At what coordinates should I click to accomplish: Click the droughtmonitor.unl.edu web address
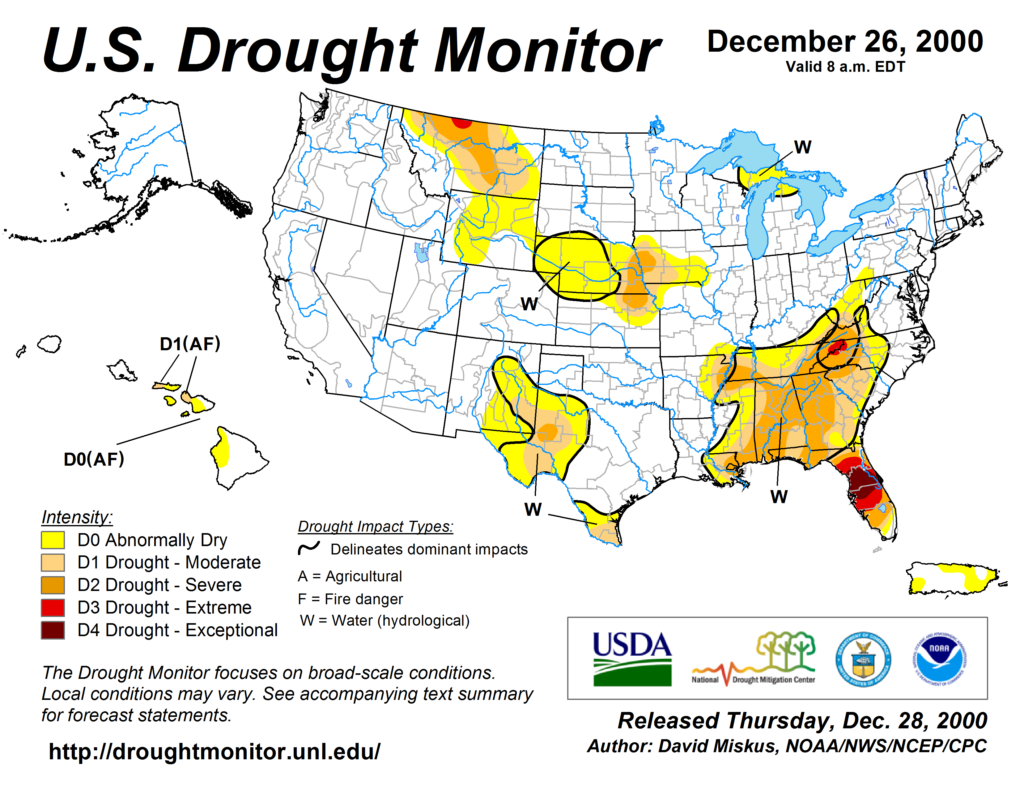pos(215,752)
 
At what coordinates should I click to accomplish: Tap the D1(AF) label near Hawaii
pos(190,344)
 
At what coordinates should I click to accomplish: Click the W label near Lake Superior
pos(802,147)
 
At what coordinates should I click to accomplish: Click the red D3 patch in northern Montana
pos(462,123)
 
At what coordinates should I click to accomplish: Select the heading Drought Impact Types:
pos(376,526)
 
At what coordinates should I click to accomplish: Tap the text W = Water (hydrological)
pos(385,620)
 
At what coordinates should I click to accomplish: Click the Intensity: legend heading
pos(77,517)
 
